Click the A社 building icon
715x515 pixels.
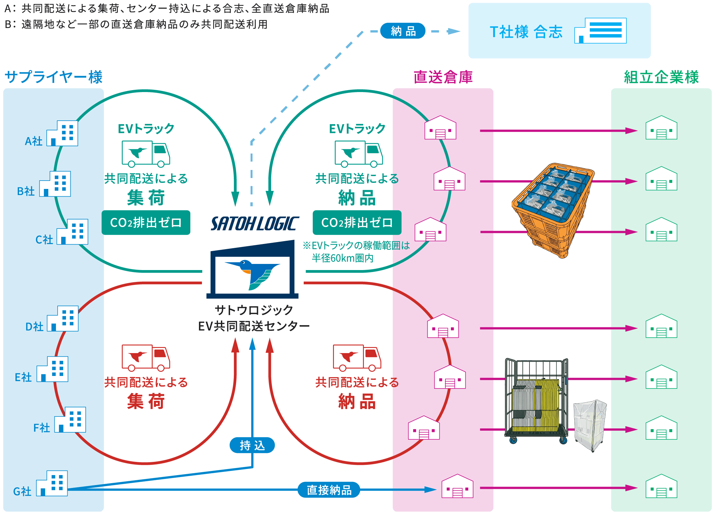(62, 133)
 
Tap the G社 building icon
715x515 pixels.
(52, 483)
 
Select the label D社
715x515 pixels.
(34, 327)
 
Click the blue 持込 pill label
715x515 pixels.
(252, 445)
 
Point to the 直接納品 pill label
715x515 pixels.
(329, 490)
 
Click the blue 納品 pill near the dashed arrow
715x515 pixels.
(403, 31)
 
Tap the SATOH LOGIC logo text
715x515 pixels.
(254, 223)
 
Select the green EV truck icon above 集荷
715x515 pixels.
(146, 154)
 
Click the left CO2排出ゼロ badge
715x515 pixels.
(146, 222)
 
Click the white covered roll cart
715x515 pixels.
(590, 425)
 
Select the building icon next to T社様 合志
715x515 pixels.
(600, 31)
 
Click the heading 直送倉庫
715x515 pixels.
(443, 77)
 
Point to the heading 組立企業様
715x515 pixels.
(661, 77)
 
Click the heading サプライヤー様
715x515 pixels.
(54, 77)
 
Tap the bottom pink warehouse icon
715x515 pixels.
(457, 486)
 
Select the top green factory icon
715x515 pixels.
(661, 128)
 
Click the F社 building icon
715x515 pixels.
(70, 420)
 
